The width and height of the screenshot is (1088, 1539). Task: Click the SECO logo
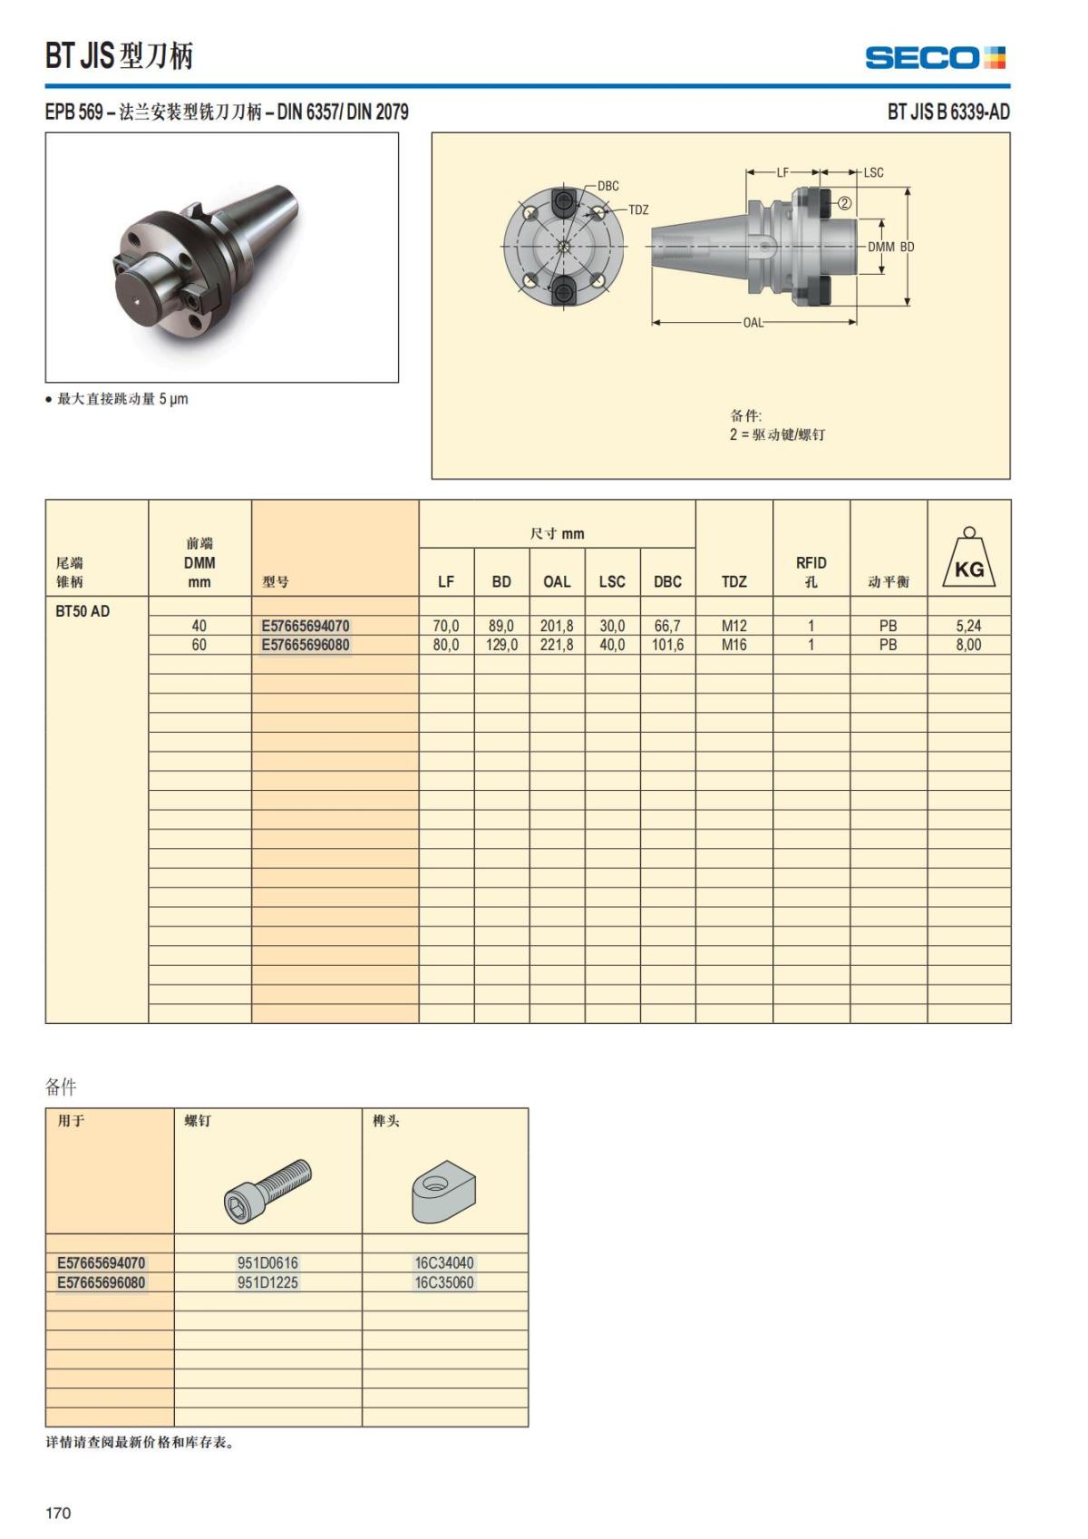click(x=935, y=58)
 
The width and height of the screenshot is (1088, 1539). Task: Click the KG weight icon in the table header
click(x=968, y=560)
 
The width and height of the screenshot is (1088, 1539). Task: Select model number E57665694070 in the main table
click(x=305, y=626)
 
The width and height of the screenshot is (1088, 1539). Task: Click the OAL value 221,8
click(x=557, y=645)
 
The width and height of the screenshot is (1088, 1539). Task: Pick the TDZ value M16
click(x=733, y=645)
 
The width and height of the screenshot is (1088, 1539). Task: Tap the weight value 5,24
click(x=968, y=626)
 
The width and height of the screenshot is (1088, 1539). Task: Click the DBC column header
click(x=667, y=581)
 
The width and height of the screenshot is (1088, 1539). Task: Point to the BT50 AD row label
click(x=83, y=611)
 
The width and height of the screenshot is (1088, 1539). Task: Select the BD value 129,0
click(x=501, y=645)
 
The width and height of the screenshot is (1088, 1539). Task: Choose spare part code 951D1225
click(x=267, y=1282)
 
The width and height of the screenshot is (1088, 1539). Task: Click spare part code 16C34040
click(x=444, y=1262)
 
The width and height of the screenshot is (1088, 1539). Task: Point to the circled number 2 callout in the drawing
click(x=843, y=203)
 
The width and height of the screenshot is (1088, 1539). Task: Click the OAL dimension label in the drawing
click(x=753, y=323)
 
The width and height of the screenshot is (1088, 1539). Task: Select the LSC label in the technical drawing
click(x=873, y=172)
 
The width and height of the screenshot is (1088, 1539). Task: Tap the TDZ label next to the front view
click(x=638, y=209)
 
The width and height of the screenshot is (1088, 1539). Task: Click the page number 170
click(x=58, y=1512)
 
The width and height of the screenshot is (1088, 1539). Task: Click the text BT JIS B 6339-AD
click(x=947, y=112)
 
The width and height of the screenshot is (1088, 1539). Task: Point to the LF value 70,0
click(x=446, y=626)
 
